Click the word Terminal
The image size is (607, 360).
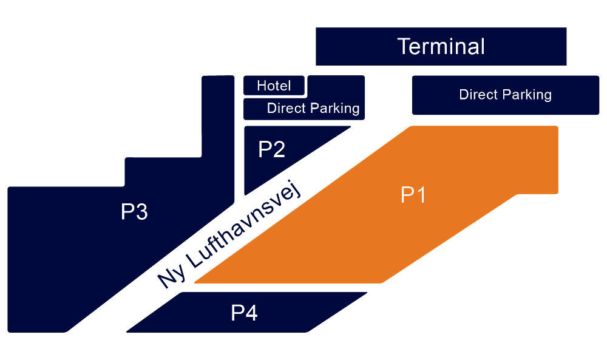441,46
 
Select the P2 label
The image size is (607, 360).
271,149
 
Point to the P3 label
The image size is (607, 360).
134,212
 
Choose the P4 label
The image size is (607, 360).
244,313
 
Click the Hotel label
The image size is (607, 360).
274,86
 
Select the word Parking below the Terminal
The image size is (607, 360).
527,95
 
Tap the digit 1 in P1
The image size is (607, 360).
420,195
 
